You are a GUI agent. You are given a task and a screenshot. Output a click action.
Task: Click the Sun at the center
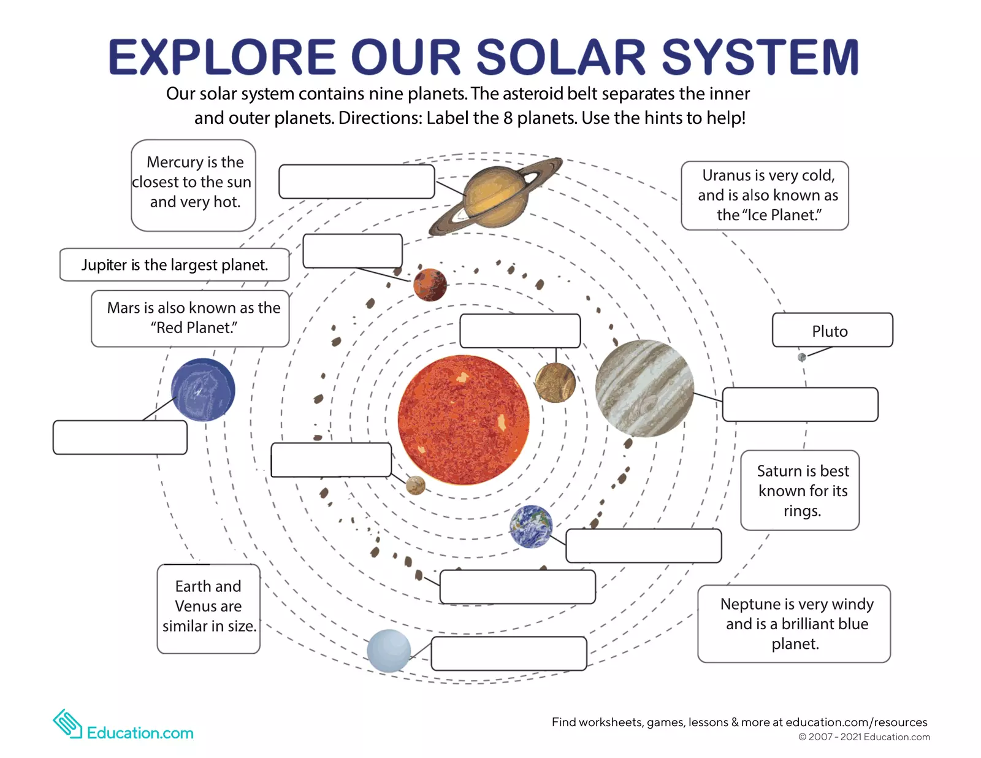(x=463, y=420)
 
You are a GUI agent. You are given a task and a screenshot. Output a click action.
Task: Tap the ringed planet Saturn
(x=494, y=194)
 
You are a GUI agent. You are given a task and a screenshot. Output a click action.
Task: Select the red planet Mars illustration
(x=430, y=285)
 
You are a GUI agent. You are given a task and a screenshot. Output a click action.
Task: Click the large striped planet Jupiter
(x=644, y=388)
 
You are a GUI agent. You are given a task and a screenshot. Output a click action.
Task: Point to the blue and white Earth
(x=531, y=526)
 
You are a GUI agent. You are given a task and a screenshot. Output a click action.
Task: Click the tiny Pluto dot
(x=801, y=357)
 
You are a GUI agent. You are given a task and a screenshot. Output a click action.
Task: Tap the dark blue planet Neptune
(x=203, y=390)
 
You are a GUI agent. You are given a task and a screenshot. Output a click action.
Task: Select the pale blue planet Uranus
(x=389, y=651)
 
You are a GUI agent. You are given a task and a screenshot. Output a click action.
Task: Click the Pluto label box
(x=832, y=331)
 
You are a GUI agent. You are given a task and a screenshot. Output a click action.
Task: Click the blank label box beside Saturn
(x=356, y=182)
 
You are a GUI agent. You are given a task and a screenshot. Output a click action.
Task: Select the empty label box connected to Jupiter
(x=800, y=404)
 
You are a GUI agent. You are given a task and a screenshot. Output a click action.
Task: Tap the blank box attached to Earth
(x=643, y=546)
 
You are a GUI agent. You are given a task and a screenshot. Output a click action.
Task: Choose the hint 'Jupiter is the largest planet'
(x=175, y=265)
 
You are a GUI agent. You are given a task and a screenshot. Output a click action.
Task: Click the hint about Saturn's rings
(x=800, y=491)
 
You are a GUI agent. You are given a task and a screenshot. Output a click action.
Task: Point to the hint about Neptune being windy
(x=795, y=624)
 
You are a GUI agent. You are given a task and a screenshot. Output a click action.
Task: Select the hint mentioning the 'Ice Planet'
(x=765, y=196)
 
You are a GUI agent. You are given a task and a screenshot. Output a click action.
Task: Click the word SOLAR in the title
(x=560, y=57)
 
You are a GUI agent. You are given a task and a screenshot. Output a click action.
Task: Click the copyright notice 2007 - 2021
(x=865, y=737)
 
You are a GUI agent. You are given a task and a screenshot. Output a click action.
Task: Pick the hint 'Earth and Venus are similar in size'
(x=208, y=607)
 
